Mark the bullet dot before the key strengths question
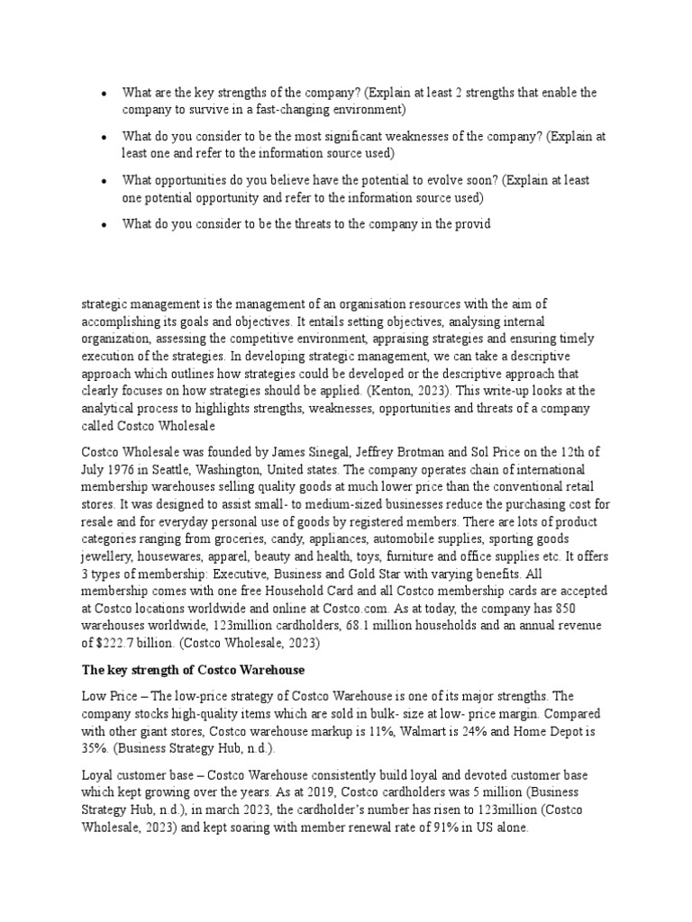point(105,94)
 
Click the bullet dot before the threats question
point(105,224)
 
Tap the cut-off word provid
point(471,224)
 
